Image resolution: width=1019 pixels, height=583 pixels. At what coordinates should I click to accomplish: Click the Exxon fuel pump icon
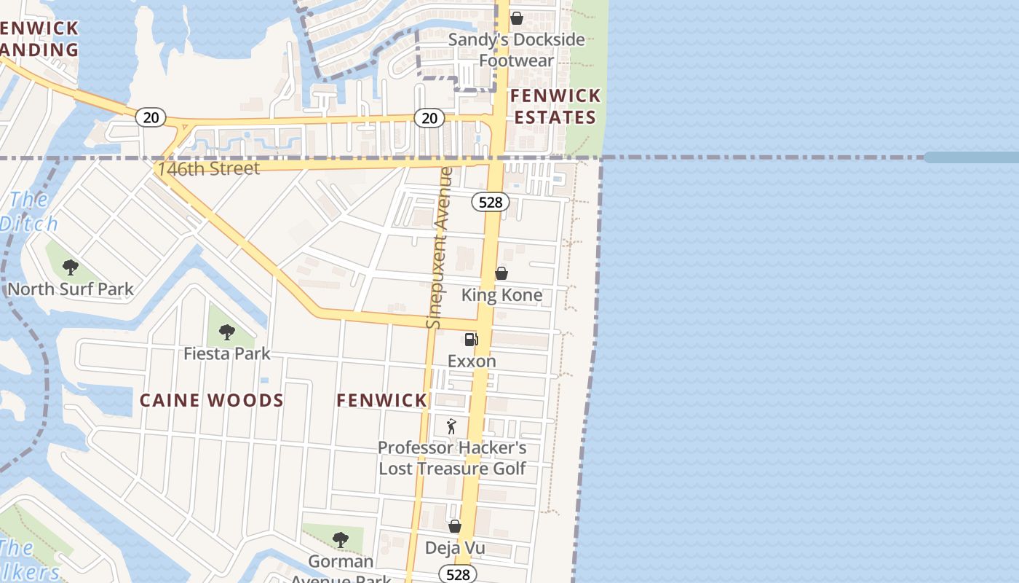[471, 340]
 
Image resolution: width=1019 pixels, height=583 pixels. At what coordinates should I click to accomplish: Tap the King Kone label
[501, 295]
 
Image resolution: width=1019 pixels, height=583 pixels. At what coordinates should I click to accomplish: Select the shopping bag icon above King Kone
[501, 274]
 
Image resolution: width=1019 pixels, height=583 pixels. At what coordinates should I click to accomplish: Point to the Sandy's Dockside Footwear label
[516, 50]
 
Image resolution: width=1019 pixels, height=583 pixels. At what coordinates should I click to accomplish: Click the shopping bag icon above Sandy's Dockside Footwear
[516, 18]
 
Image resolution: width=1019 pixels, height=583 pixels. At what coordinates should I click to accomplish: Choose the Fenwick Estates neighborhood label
[555, 106]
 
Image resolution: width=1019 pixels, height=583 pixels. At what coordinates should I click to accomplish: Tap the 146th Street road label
[209, 168]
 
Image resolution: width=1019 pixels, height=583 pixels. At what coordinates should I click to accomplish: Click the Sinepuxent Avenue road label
[440, 248]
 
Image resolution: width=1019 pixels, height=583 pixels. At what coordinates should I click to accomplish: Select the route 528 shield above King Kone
[491, 202]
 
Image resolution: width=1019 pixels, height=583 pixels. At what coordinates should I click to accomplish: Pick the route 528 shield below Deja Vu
[458, 574]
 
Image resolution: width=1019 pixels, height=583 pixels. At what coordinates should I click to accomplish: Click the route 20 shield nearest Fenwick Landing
[151, 117]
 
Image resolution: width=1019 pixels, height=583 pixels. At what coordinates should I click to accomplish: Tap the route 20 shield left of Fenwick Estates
[429, 117]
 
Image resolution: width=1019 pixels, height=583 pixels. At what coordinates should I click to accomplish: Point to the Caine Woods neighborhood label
[211, 400]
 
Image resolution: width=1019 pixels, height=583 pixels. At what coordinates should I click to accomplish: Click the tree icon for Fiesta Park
[227, 332]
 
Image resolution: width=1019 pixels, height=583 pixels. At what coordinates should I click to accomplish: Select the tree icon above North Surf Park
[71, 267]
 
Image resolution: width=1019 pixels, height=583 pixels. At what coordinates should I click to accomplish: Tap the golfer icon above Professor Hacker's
[451, 426]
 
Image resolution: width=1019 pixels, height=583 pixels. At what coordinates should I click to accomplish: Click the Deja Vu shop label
[455, 548]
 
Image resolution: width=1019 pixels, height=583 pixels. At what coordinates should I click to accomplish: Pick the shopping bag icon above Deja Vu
[455, 526]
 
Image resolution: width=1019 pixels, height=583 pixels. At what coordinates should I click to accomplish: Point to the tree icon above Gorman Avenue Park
[340, 540]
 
